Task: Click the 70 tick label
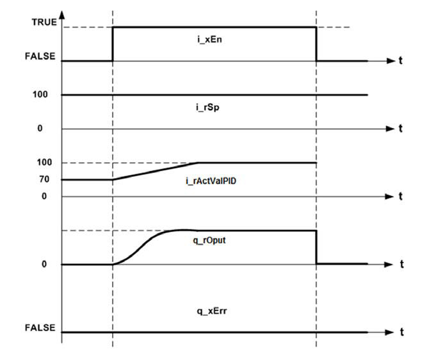[x=44, y=179]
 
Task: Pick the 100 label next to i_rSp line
[x=42, y=95]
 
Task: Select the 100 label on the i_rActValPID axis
[x=42, y=163]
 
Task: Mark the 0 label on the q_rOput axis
[x=44, y=264]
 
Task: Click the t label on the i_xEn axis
[x=401, y=61]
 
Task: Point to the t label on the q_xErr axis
[x=401, y=332]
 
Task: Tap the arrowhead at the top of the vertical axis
[x=62, y=13]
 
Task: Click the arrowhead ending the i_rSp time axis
[x=390, y=129]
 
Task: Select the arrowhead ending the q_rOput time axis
[x=390, y=264]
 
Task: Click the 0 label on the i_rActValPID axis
[x=44, y=196]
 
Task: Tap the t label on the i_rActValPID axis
[x=401, y=197]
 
